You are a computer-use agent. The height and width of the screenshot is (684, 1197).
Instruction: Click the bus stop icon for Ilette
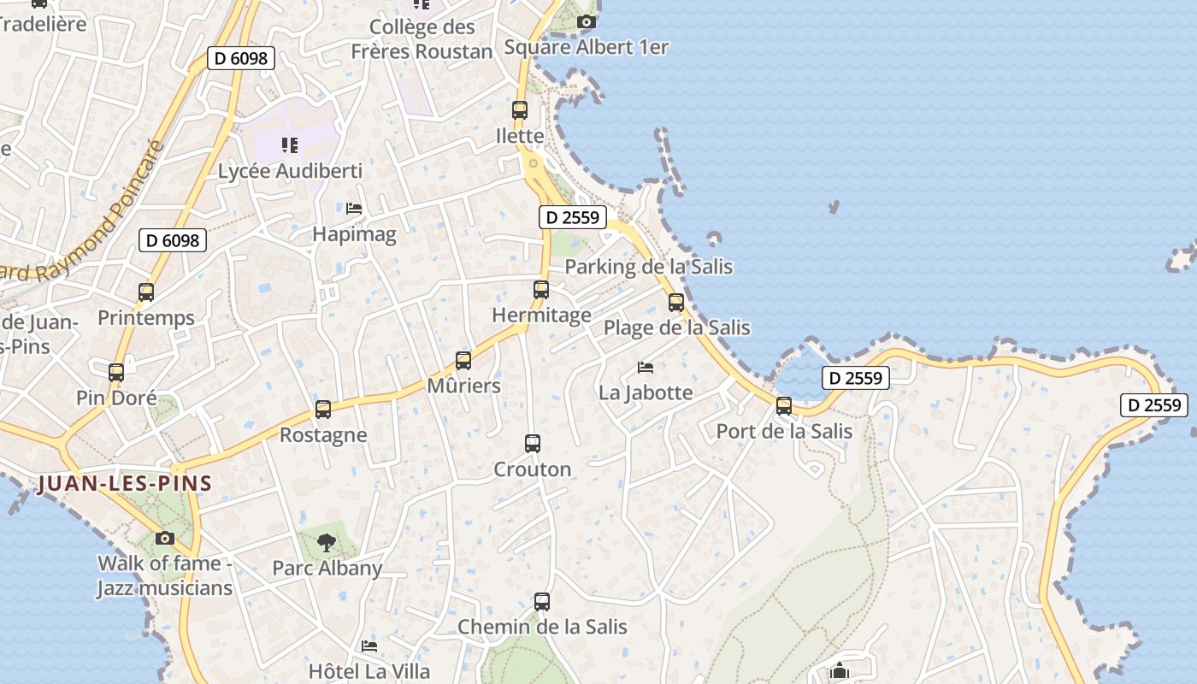coord(520,110)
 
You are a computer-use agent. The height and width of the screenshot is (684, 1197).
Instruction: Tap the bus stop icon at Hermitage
coord(541,290)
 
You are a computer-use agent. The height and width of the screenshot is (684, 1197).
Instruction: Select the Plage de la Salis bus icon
coord(676,303)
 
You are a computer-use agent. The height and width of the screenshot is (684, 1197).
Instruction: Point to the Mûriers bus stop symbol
coord(463,361)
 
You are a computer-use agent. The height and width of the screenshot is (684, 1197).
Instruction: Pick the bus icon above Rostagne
coord(323,410)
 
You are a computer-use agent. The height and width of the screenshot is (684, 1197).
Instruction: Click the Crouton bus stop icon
coord(533,444)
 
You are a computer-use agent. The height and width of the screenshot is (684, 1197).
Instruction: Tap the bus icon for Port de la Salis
coord(784,406)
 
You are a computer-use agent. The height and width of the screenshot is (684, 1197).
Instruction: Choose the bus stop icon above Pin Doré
coord(116,373)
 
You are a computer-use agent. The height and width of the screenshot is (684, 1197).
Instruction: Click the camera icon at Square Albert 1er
coord(586,22)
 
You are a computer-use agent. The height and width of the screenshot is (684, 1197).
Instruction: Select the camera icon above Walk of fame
coord(165,539)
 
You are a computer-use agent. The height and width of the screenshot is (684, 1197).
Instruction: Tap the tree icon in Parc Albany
coord(326,541)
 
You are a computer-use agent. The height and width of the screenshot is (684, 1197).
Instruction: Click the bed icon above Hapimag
coord(354,208)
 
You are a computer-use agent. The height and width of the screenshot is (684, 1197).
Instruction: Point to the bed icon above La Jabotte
coord(646,368)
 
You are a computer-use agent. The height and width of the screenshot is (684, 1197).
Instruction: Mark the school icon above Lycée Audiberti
coord(289,145)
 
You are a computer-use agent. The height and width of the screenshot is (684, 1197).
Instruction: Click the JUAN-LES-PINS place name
coord(125,484)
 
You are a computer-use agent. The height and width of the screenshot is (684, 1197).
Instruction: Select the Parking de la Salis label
coord(649,267)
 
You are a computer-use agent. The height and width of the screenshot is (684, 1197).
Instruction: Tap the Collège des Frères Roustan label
coord(422,39)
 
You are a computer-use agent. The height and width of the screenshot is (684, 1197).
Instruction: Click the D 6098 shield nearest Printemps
coord(173,240)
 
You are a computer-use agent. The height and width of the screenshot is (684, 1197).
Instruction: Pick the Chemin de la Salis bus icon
coord(542,602)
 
